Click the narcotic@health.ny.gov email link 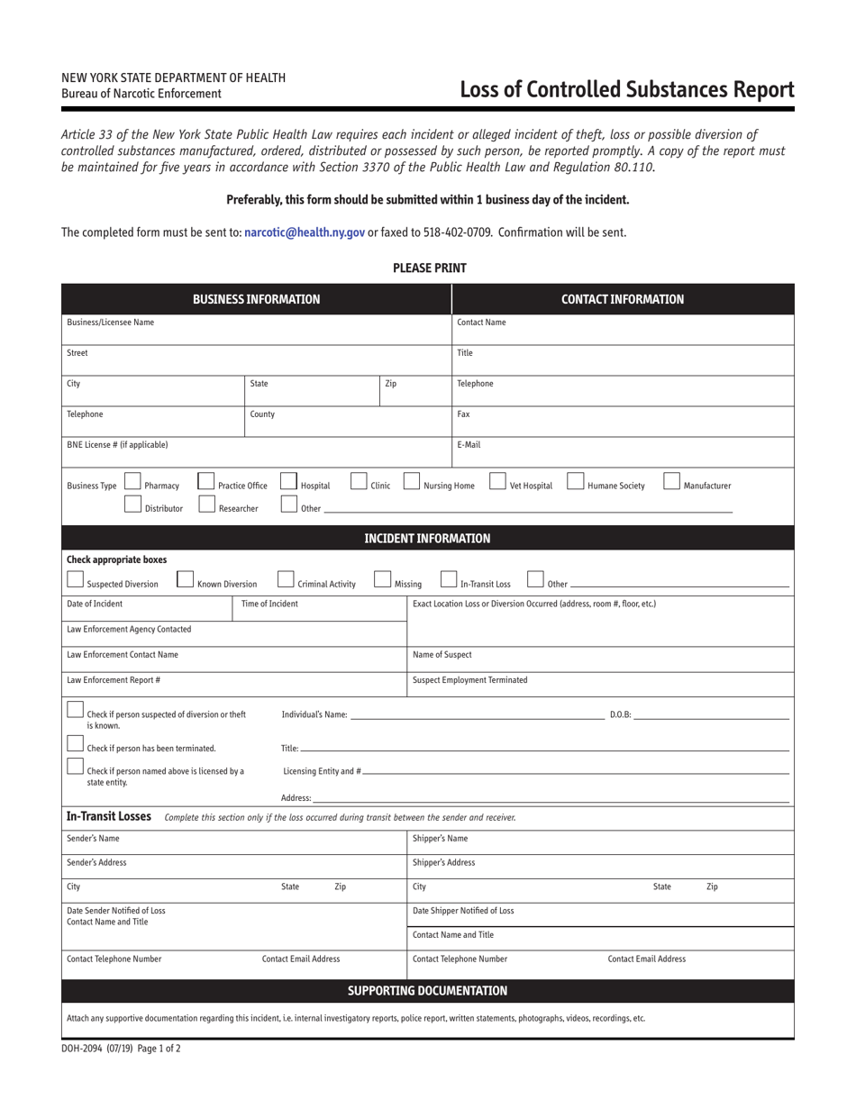click(x=305, y=232)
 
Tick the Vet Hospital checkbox click(x=497, y=482)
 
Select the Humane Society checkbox click(x=575, y=482)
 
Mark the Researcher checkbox click(x=206, y=505)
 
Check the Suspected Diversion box click(x=76, y=579)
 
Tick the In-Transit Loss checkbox click(x=449, y=579)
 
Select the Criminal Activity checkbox click(x=286, y=579)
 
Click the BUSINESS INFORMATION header click(x=256, y=299)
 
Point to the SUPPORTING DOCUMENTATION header click(x=427, y=991)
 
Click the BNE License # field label click(x=117, y=445)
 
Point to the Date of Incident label click(x=95, y=604)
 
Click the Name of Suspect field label click(x=442, y=655)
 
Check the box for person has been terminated click(x=76, y=744)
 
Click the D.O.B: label click(x=620, y=715)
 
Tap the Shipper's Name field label click(x=440, y=839)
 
